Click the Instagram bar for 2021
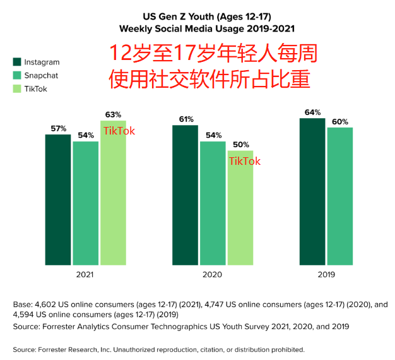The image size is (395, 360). pos(58,199)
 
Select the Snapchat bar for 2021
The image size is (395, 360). pos(86,203)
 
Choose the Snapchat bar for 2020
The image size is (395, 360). pos(213,203)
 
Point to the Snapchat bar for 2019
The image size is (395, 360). pos(339,196)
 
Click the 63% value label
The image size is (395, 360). pos(113,114)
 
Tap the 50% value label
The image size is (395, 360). pos(241,145)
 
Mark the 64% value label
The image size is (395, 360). pos(312,112)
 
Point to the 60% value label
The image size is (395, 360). pos(340,121)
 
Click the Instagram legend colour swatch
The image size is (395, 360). pos(17,62)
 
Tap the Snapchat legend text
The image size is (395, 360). pos(41,75)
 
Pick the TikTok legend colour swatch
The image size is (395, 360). pos(17,88)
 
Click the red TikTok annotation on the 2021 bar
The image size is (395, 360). pos(119,131)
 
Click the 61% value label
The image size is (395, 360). pos(186,119)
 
